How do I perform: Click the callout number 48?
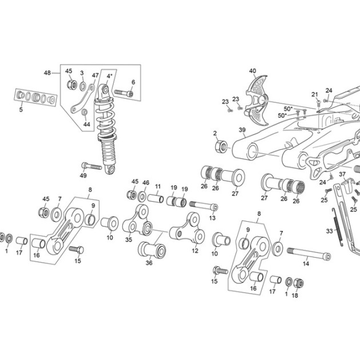(x=47, y=73)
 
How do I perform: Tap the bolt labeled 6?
(x=123, y=93)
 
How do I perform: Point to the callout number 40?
(x=253, y=71)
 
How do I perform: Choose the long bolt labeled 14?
(x=309, y=254)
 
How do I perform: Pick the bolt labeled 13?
(x=203, y=206)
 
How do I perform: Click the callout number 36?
(x=149, y=263)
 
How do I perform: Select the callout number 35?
(x=129, y=239)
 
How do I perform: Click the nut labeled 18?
(x=299, y=283)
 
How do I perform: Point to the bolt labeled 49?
(x=91, y=166)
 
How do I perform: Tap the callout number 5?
(x=21, y=110)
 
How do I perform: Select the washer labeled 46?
(x=143, y=197)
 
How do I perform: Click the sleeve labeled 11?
(x=155, y=199)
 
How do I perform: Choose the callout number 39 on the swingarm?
(x=242, y=130)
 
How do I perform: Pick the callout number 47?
(x=95, y=75)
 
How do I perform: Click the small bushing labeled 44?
(x=85, y=112)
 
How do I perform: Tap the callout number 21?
(x=314, y=94)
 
